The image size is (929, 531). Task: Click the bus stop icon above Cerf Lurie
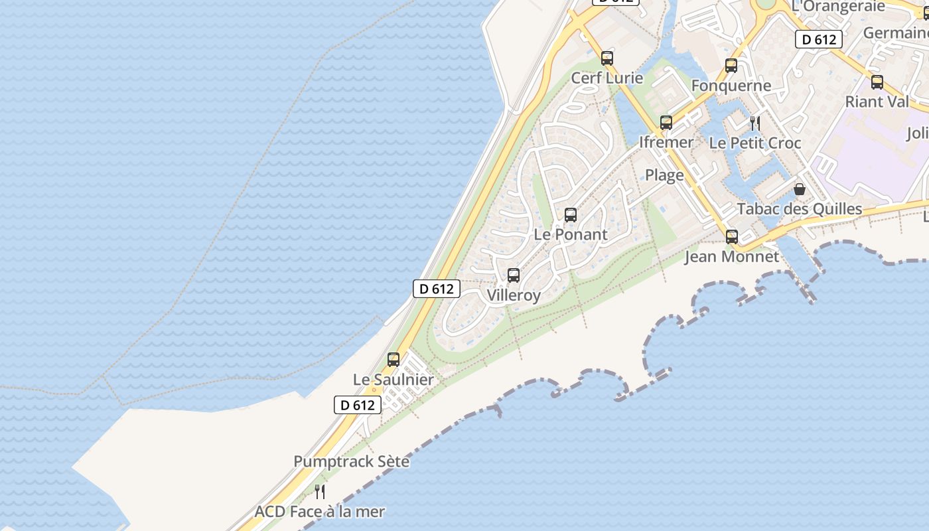pos(607,58)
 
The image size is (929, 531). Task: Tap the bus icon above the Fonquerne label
pos(731,66)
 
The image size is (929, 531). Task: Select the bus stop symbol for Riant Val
pos(877,82)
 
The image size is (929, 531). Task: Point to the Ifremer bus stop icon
pos(666,123)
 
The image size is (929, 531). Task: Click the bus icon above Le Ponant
pos(571,215)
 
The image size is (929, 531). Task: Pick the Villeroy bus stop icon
pos(514,275)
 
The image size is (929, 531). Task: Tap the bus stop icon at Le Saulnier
pos(393,360)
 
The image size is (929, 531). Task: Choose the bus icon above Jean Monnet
pos(732,237)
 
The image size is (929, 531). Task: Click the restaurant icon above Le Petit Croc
pos(754,123)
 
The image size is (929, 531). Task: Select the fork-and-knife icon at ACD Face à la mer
pos(320,492)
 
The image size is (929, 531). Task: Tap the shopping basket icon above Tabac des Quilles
pos(800,189)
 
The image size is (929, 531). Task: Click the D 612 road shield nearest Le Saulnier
pos(358,405)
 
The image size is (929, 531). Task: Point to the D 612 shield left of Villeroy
pos(437,289)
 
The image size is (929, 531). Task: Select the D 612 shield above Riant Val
pos(819,39)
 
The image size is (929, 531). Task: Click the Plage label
pos(664,175)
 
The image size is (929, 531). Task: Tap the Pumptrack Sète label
pos(352,461)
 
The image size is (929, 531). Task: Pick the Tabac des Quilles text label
pos(800,209)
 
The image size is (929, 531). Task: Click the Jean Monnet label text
pos(732,257)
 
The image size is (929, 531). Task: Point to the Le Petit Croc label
pos(755,143)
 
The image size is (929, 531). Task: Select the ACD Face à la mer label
pos(320,512)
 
